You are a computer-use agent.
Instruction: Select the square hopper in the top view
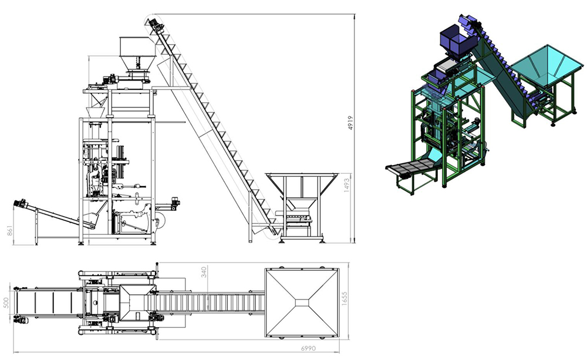[302, 302]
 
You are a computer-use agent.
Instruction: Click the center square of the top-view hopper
[302, 302]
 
